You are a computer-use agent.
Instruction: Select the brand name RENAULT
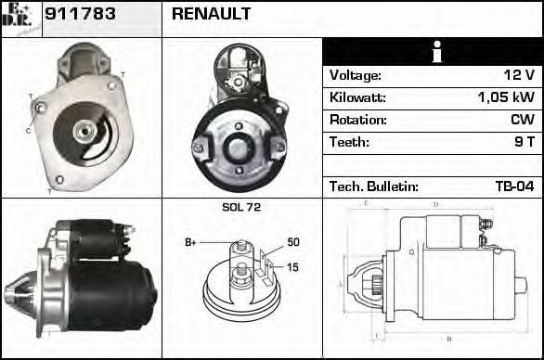click(x=212, y=16)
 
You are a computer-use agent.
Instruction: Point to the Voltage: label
click(x=355, y=75)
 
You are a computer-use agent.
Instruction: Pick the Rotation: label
click(x=357, y=120)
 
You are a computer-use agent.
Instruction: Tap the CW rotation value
click(x=522, y=120)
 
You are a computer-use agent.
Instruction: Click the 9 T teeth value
click(x=525, y=142)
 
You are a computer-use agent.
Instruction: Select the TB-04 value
click(x=514, y=186)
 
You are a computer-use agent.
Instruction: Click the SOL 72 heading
click(x=241, y=207)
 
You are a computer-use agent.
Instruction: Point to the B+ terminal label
click(x=190, y=243)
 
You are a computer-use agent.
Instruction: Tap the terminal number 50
click(x=293, y=242)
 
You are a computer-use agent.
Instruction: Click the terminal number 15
click(x=293, y=268)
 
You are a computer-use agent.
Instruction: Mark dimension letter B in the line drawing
click(x=448, y=338)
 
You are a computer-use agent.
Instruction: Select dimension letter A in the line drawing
click(x=341, y=283)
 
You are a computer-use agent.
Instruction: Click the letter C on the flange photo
click(x=28, y=131)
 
